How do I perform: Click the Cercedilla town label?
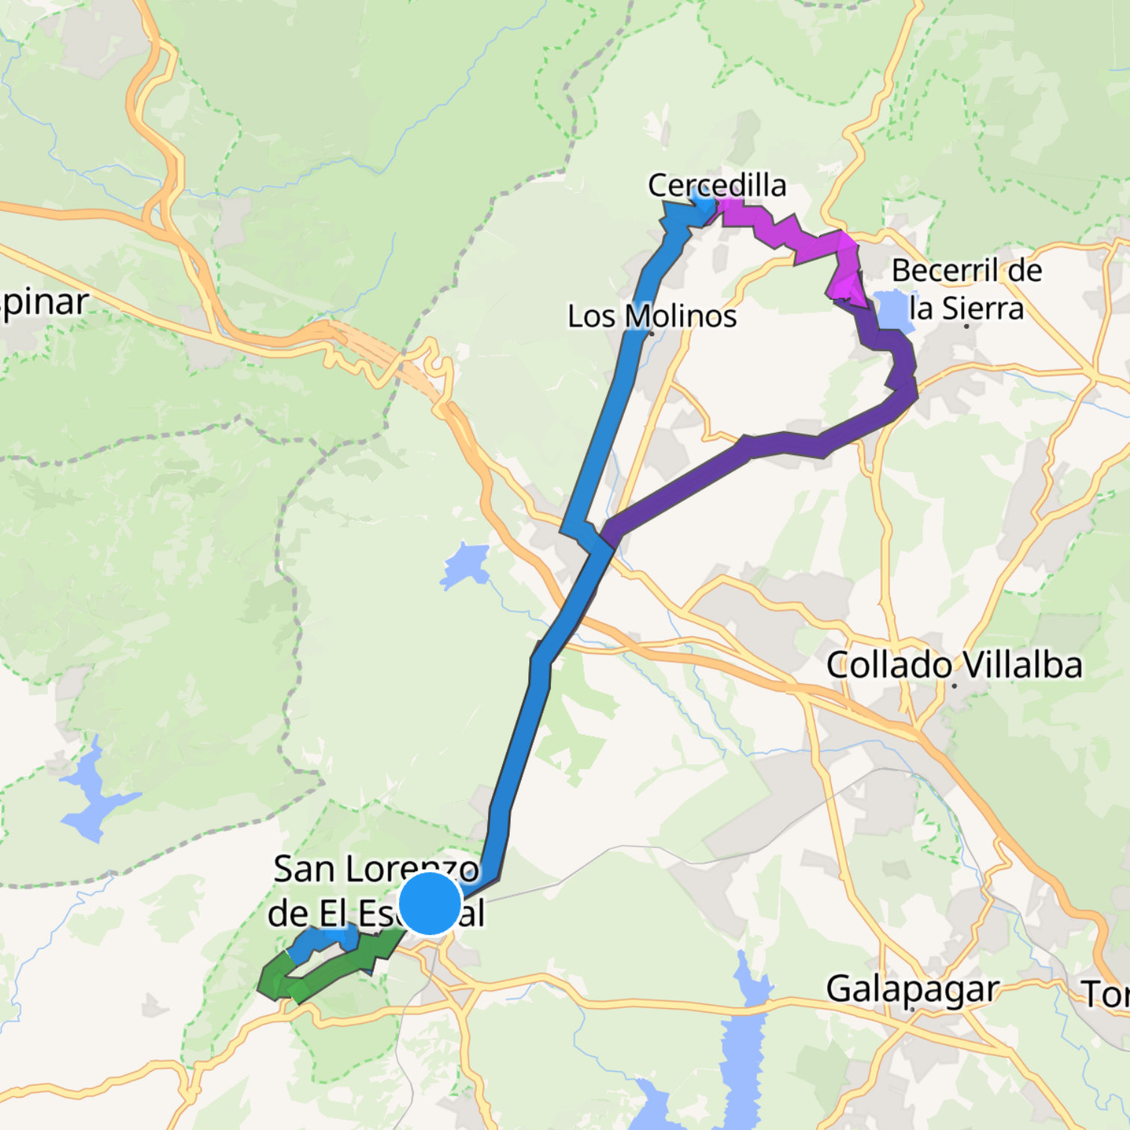[717, 185]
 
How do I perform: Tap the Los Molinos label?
[652, 316]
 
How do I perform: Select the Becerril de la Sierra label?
[966, 289]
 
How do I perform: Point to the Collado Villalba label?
[954, 665]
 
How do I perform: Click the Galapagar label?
[912, 989]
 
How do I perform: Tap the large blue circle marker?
[430, 904]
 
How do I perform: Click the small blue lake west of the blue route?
[466, 565]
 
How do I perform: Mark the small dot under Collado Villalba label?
[954, 685]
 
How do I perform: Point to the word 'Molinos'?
[680, 316]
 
